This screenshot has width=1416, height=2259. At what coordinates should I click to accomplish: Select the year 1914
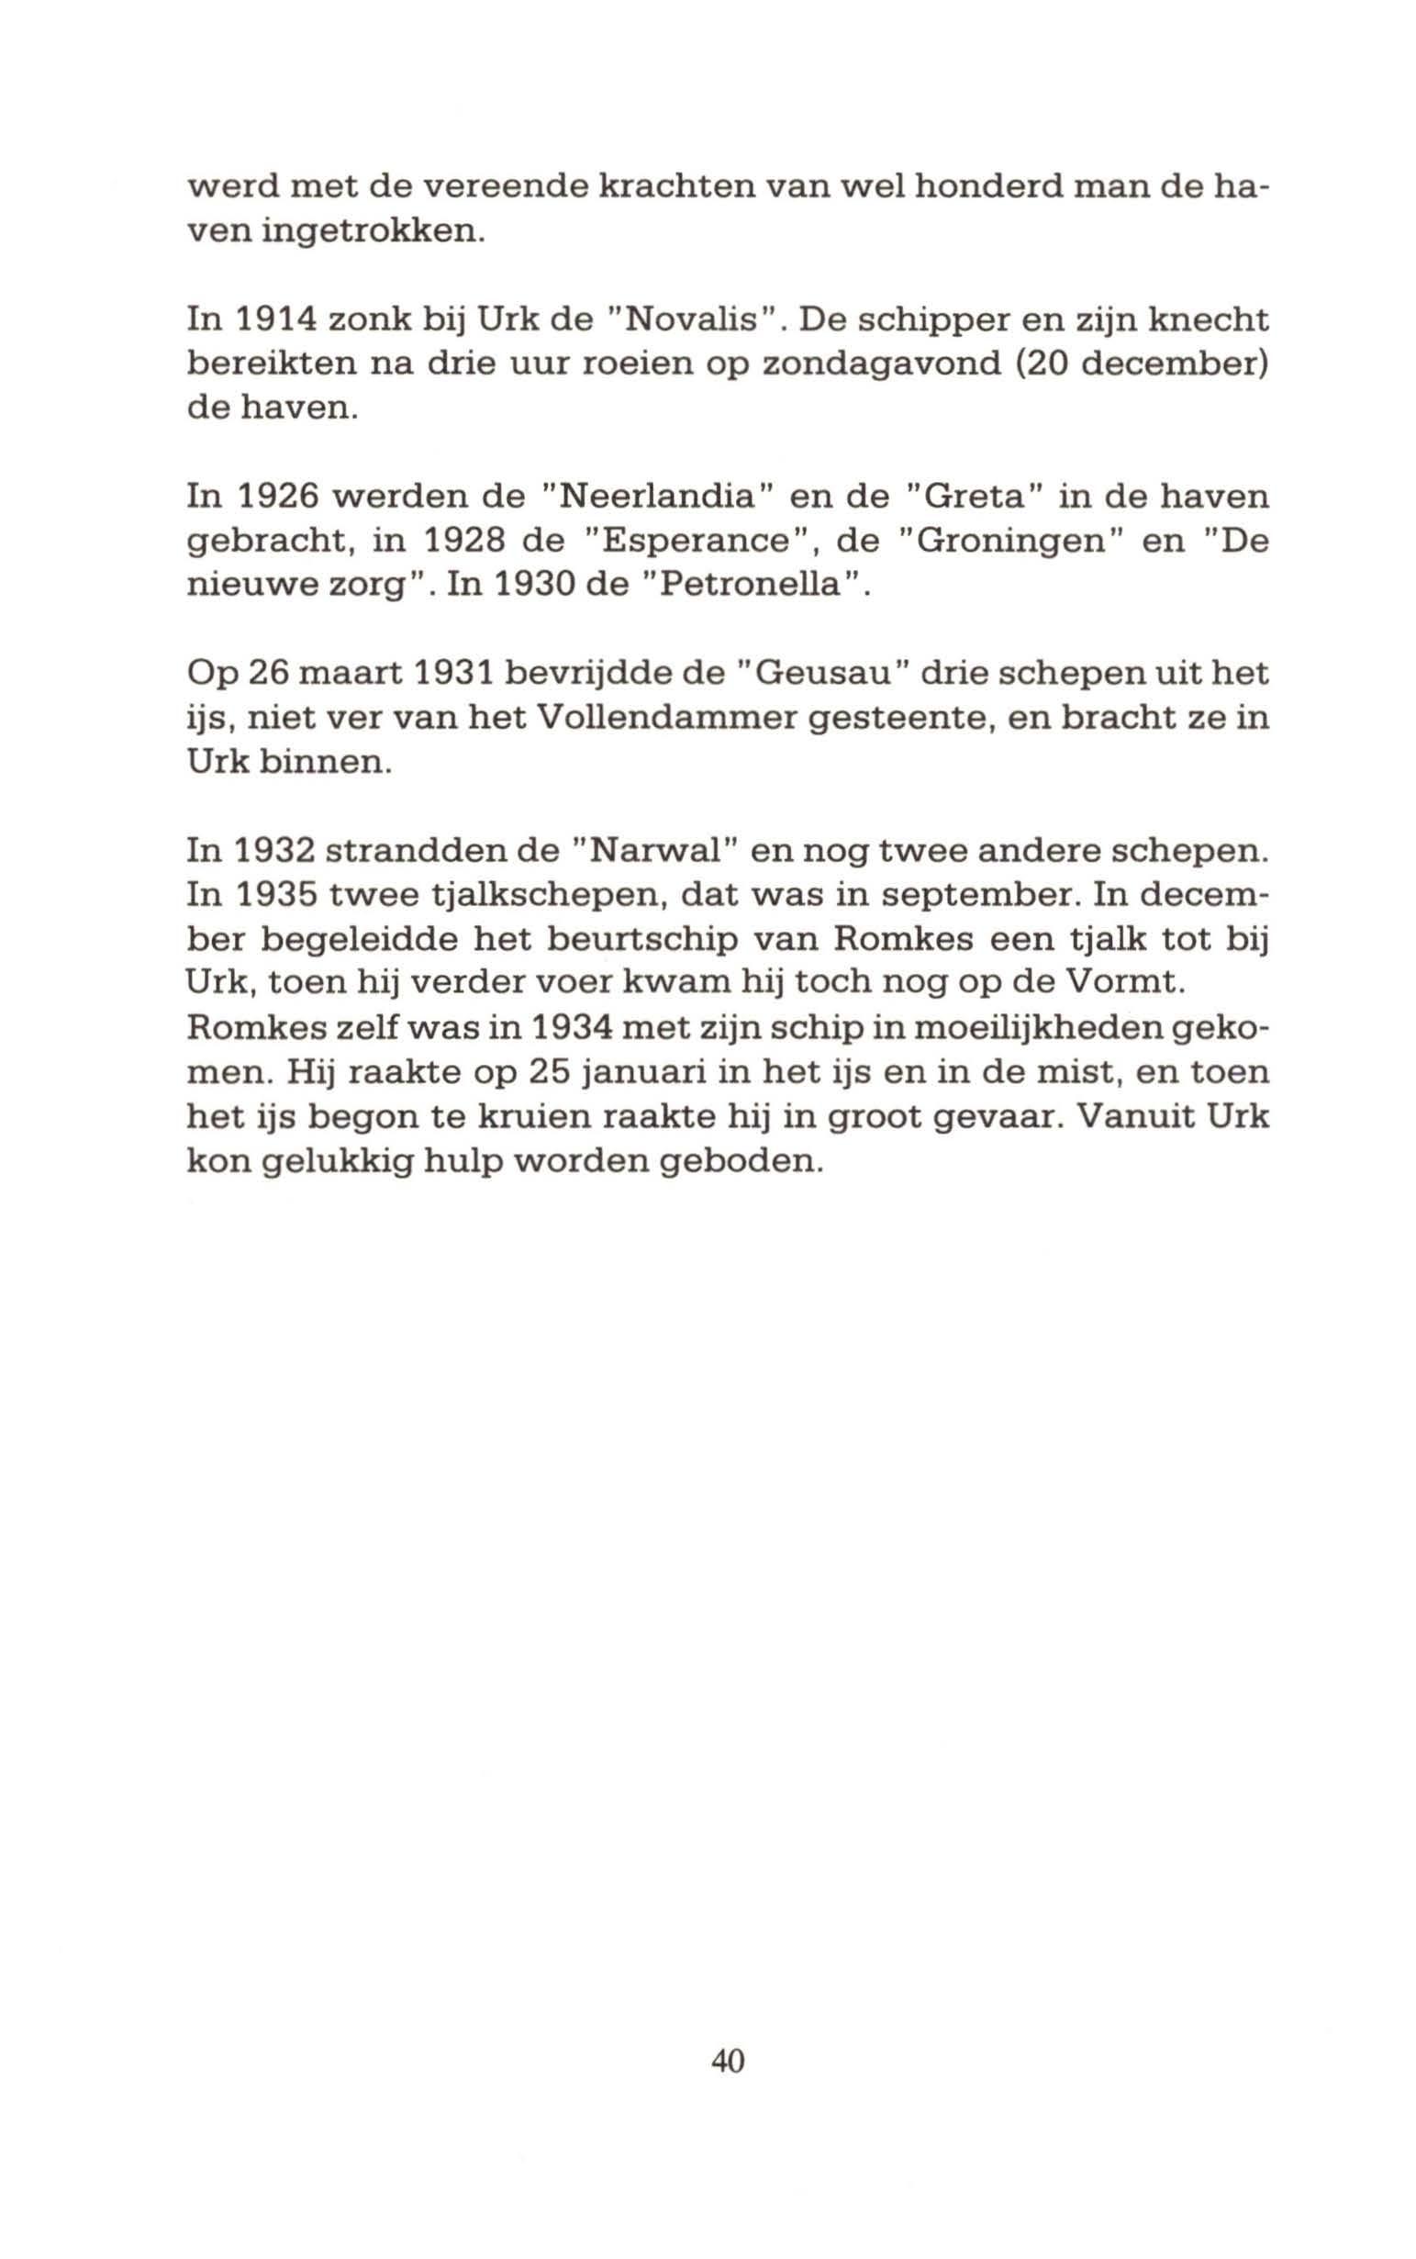click(261, 320)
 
